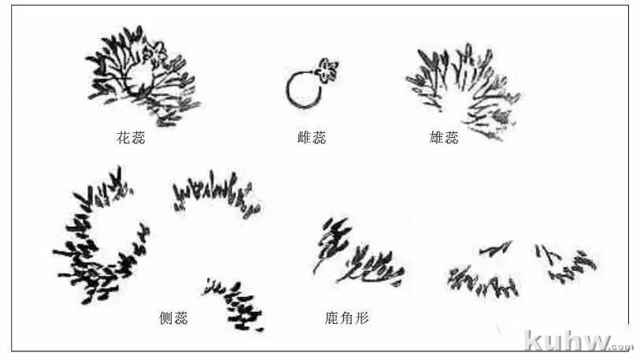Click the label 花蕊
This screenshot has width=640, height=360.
131,138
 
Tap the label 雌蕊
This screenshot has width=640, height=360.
312,138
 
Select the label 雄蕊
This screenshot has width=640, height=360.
444,138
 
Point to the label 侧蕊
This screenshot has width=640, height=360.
173,317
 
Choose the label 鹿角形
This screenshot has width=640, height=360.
347,317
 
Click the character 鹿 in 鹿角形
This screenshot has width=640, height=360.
332,317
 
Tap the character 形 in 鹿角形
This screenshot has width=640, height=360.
362,317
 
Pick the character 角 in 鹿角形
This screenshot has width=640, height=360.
347,317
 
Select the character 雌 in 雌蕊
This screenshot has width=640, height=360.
305,138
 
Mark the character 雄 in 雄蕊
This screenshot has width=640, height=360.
437,138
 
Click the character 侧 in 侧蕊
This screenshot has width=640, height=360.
166,317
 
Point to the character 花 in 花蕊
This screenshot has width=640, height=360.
124,138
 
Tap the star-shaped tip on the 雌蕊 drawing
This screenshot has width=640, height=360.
327,70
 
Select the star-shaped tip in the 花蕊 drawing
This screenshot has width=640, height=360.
157,53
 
